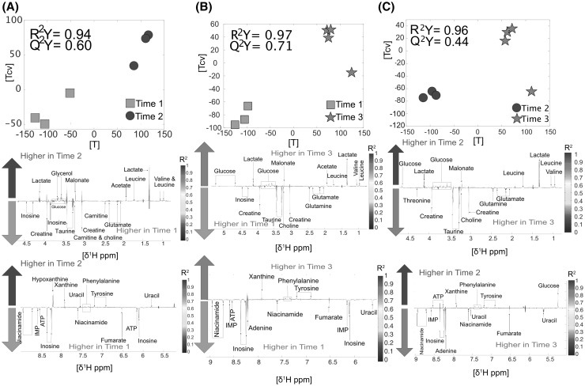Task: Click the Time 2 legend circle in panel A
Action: coord(131,116)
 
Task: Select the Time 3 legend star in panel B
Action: coord(330,117)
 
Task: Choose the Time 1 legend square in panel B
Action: coord(330,104)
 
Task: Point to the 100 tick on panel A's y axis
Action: coord(16,11)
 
